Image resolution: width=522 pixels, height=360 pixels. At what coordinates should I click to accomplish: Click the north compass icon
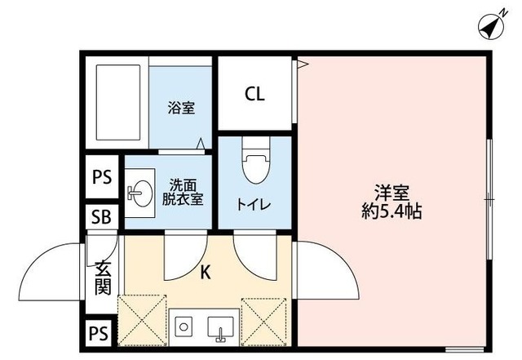click(x=492, y=27)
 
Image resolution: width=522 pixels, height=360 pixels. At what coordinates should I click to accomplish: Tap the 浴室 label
click(x=181, y=108)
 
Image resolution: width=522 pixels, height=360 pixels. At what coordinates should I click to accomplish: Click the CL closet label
click(x=254, y=94)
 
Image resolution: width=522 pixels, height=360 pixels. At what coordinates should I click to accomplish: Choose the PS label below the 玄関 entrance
click(x=100, y=333)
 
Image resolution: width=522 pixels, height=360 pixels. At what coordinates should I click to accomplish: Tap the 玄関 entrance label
click(x=103, y=277)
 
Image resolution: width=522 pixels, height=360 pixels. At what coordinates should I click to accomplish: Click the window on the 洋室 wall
click(x=488, y=199)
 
